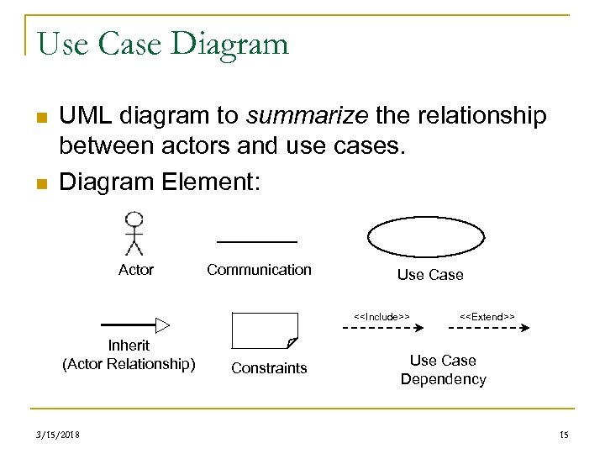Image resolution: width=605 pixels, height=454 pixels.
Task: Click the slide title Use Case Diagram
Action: (x=163, y=43)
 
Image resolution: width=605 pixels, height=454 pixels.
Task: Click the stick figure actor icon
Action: (x=134, y=233)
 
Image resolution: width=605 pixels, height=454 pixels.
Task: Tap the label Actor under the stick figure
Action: (x=136, y=270)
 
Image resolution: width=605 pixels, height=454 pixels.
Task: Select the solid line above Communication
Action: (x=257, y=242)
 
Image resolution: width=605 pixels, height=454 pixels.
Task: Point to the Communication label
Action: (x=259, y=270)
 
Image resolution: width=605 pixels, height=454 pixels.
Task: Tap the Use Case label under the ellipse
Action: (x=429, y=275)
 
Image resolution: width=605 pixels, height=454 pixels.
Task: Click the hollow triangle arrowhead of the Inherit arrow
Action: (x=163, y=325)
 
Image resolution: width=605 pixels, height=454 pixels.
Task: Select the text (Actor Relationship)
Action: (x=129, y=364)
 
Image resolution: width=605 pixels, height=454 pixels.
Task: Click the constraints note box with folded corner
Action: (x=264, y=330)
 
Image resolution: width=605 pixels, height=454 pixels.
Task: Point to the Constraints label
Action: (x=269, y=368)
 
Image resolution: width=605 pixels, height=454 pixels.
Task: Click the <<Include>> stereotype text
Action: (x=381, y=316)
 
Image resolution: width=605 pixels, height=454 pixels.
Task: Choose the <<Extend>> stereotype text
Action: (x=487, y=316)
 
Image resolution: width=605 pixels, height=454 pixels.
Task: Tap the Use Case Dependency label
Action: (x=443, y=370)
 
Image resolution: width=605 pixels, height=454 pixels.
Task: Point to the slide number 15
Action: (x=563, y=434)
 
